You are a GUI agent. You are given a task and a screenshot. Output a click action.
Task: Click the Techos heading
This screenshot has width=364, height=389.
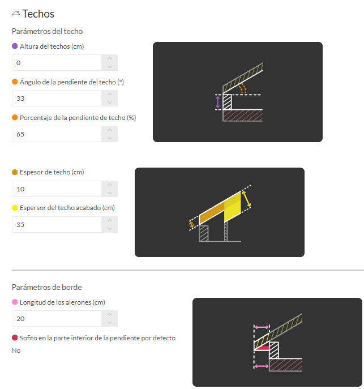[x=38, y=14]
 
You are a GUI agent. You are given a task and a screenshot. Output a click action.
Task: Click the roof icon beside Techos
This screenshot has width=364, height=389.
[x=16, y=14]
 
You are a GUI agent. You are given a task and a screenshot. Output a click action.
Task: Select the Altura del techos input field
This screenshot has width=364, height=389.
[x=57, y=62]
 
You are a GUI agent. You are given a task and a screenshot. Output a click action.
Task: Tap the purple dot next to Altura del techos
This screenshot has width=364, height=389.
[x=15, y=46]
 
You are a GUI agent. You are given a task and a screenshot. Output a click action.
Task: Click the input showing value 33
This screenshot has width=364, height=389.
[x=57, y=98]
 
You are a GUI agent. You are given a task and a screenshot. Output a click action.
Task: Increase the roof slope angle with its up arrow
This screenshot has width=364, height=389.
[x=109, y=94]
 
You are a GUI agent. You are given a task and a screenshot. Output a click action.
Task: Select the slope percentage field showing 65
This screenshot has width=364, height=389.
[x=57, y=134]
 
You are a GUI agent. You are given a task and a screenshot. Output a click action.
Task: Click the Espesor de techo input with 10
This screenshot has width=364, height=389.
[x=57, y=189]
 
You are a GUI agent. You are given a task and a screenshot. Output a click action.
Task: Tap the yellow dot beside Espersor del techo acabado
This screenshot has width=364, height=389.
[x=15, y=208]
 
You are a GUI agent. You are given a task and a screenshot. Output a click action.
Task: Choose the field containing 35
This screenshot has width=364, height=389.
[x=57, y=224]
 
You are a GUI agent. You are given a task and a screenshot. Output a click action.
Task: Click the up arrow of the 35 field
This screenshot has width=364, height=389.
[x=109, y=220]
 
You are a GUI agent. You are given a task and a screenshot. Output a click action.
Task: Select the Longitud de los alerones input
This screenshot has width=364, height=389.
[x=57, y=318]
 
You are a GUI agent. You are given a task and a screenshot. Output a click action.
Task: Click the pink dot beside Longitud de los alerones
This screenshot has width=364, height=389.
[x=15, y=302]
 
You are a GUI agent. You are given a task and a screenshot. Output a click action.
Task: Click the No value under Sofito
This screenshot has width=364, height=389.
[x=16, y=350]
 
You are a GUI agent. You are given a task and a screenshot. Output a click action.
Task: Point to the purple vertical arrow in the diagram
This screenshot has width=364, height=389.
[x=218, y=102]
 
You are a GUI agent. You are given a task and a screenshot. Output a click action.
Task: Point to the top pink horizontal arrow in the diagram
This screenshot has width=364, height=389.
[x=262, y=327]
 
